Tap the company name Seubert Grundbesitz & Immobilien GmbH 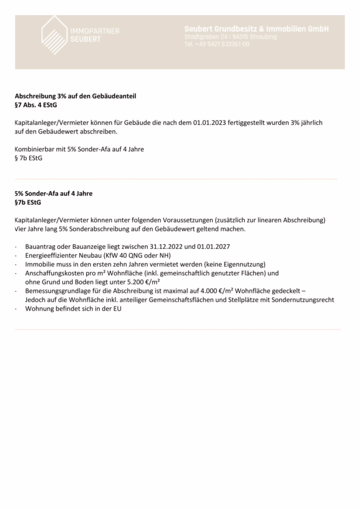pos(256,28)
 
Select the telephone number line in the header pos(217,44)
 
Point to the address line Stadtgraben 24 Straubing pos(230,36)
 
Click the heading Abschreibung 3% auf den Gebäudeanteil pos(75,96)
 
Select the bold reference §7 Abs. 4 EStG pos(36,105)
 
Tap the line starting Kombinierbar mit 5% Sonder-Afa pos(79,149)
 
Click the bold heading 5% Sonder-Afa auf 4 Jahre pos(53,193)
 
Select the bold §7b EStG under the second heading pos(28,202)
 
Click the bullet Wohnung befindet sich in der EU pos(73,309)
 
